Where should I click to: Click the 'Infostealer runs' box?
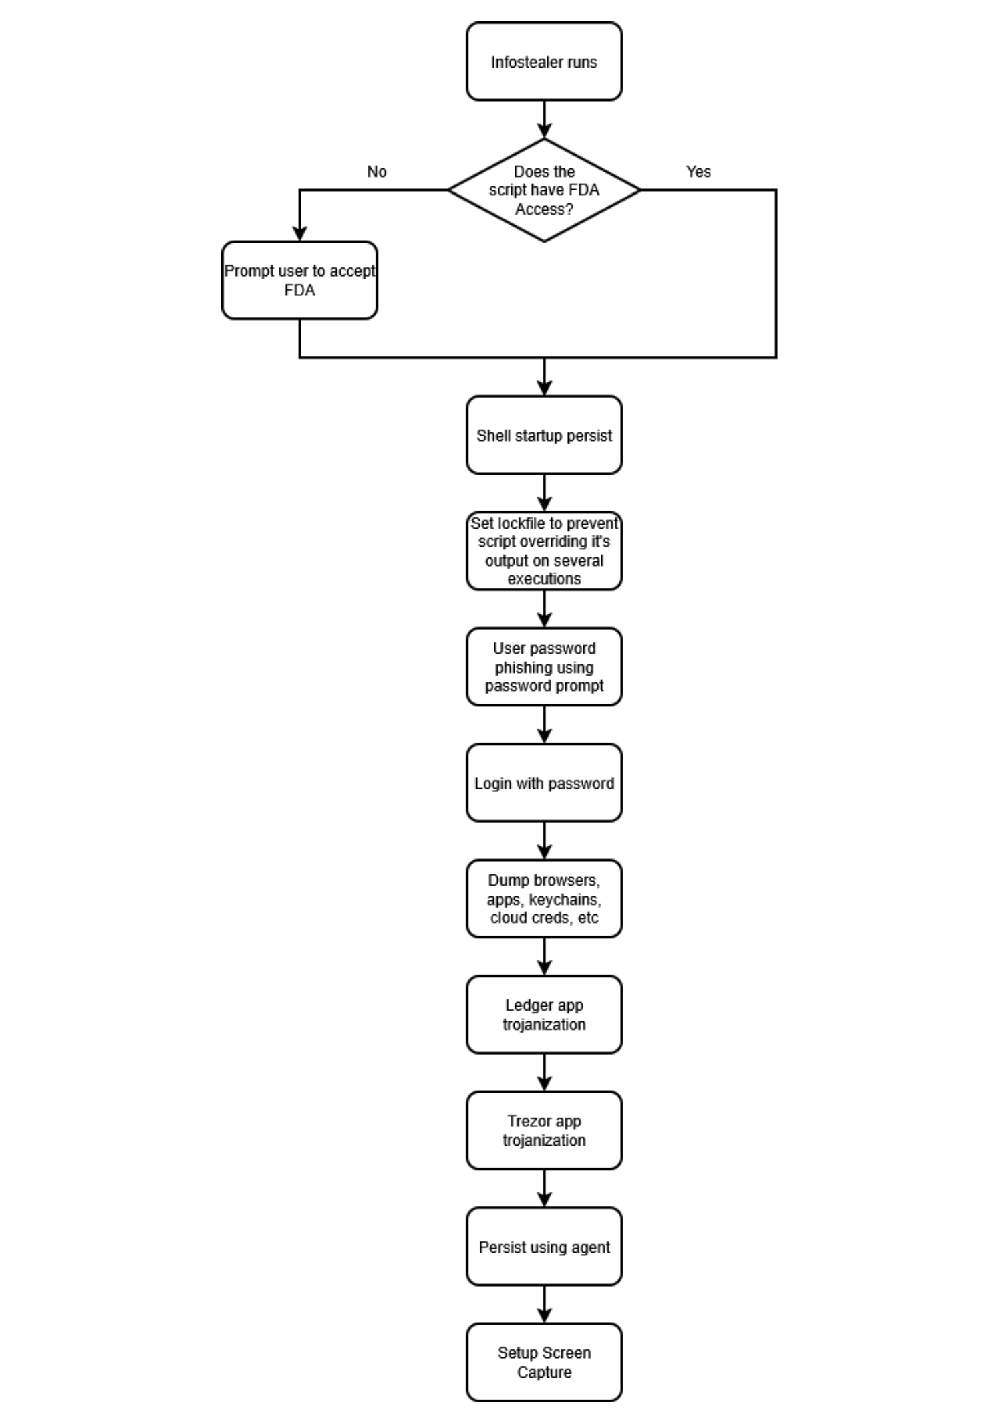(544, 61)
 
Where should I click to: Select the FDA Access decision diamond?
(544, 190)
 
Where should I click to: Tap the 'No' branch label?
(377, 172)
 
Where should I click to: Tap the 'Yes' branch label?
(698, 172)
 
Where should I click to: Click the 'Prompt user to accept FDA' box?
(299, 280)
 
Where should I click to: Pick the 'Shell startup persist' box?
(544, 435)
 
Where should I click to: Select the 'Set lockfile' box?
(544, 551)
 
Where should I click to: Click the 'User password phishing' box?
(544, 666)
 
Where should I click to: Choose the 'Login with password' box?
(544, 783)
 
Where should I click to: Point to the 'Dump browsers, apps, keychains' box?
(544, 898)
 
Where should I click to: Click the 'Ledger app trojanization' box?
(544, 1015)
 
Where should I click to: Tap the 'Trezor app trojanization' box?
(544, 1130)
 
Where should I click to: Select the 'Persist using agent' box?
(544, 1247)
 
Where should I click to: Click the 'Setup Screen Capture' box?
(544, 1362)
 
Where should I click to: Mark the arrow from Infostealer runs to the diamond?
(545, 120)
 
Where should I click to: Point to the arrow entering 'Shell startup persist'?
(545, 377)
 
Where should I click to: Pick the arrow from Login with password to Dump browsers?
(545, 841)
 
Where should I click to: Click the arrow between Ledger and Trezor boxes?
(545, 1073)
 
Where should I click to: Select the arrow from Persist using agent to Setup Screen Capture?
(545, 1304)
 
